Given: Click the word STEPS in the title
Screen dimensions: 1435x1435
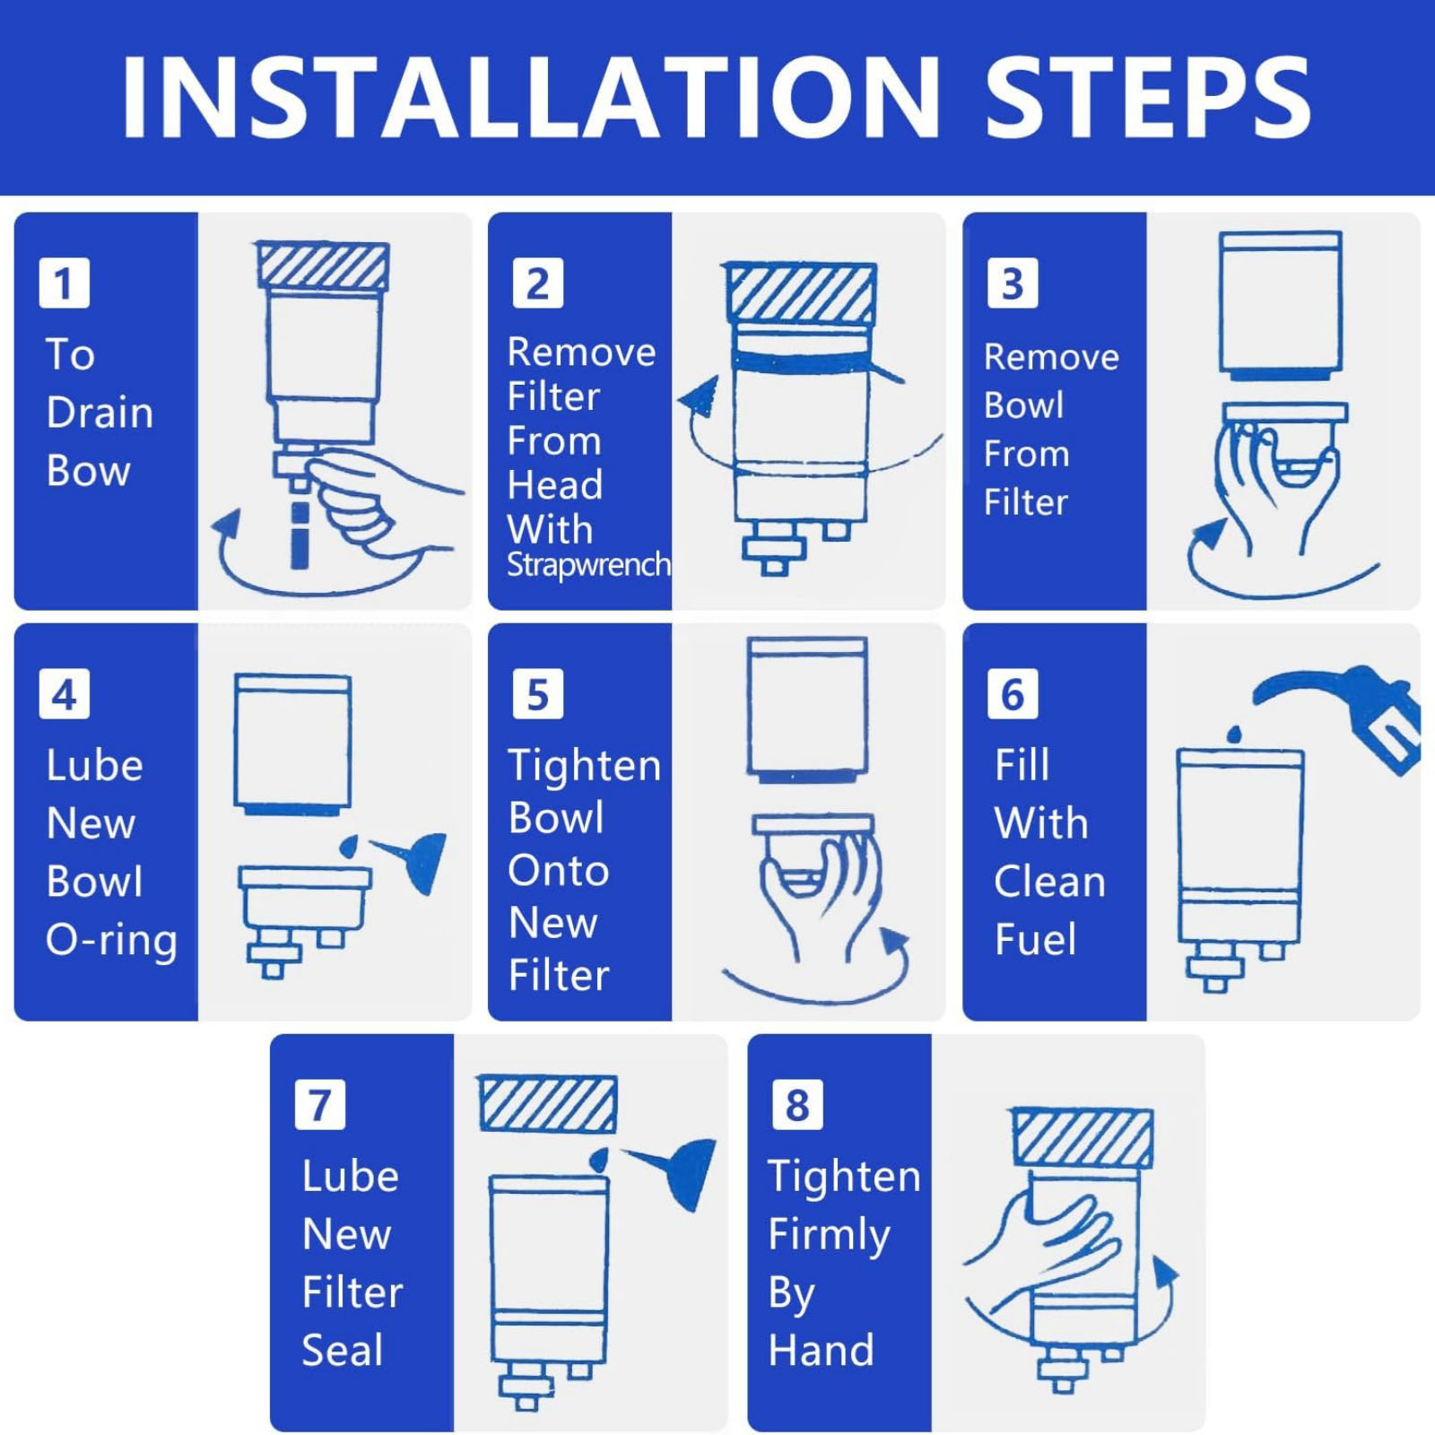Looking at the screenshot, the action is (1148, 97).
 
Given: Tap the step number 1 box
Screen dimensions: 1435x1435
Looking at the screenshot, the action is (65, 283).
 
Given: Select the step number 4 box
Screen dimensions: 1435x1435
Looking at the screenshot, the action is (65, 694).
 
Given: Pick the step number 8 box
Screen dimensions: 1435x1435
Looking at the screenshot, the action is (797, 1105).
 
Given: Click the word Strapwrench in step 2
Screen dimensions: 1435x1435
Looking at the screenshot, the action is (588, 565).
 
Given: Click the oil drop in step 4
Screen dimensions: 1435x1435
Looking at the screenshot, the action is (350, 845).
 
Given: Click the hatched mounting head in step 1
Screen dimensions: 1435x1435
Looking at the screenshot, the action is (323, 265).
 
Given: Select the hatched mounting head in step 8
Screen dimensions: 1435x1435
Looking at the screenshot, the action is (1083, 1137).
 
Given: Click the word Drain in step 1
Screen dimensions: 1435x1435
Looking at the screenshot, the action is (100, 413).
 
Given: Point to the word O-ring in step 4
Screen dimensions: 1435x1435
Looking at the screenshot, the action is (111, 940).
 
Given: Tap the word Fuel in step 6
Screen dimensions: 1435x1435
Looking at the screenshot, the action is (1035, 939).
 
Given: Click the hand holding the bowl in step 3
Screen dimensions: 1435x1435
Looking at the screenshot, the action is (1274, 484).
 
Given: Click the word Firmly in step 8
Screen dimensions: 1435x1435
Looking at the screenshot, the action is (830, 1236).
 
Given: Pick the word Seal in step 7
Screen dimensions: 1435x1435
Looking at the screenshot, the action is (343, 1350).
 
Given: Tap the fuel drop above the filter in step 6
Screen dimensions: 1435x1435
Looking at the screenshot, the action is (1235, 734).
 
